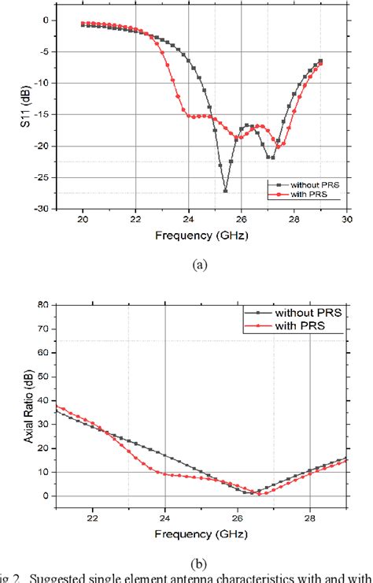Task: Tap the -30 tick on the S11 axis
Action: [46, 209]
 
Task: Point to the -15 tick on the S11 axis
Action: [46, 114]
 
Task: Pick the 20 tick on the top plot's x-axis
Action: [83, 221]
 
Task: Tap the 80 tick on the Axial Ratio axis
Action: [43, 304]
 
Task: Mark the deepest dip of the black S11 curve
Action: [225, 191]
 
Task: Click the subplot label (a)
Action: [201, 266]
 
